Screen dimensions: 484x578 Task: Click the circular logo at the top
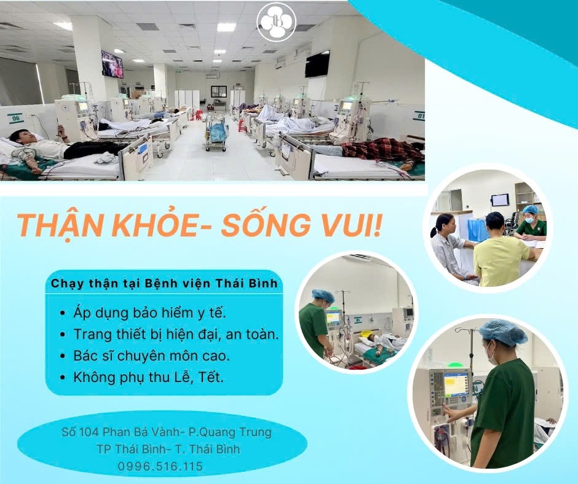(x=276, y=22)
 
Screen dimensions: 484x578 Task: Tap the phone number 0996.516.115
(x=160, y=467)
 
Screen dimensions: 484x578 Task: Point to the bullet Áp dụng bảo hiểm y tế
(x=149, y=313)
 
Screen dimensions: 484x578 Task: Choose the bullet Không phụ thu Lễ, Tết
(x=148, y=377)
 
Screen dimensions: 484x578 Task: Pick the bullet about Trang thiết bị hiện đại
(x=176, y=334)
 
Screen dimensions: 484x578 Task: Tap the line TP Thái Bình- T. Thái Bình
(x=168, y=449)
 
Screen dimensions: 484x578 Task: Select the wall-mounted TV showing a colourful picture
(x=112, y=64)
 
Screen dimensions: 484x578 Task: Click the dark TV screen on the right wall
(x=317, y=64)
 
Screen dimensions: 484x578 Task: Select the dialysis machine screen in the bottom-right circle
(x=455, y=384)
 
